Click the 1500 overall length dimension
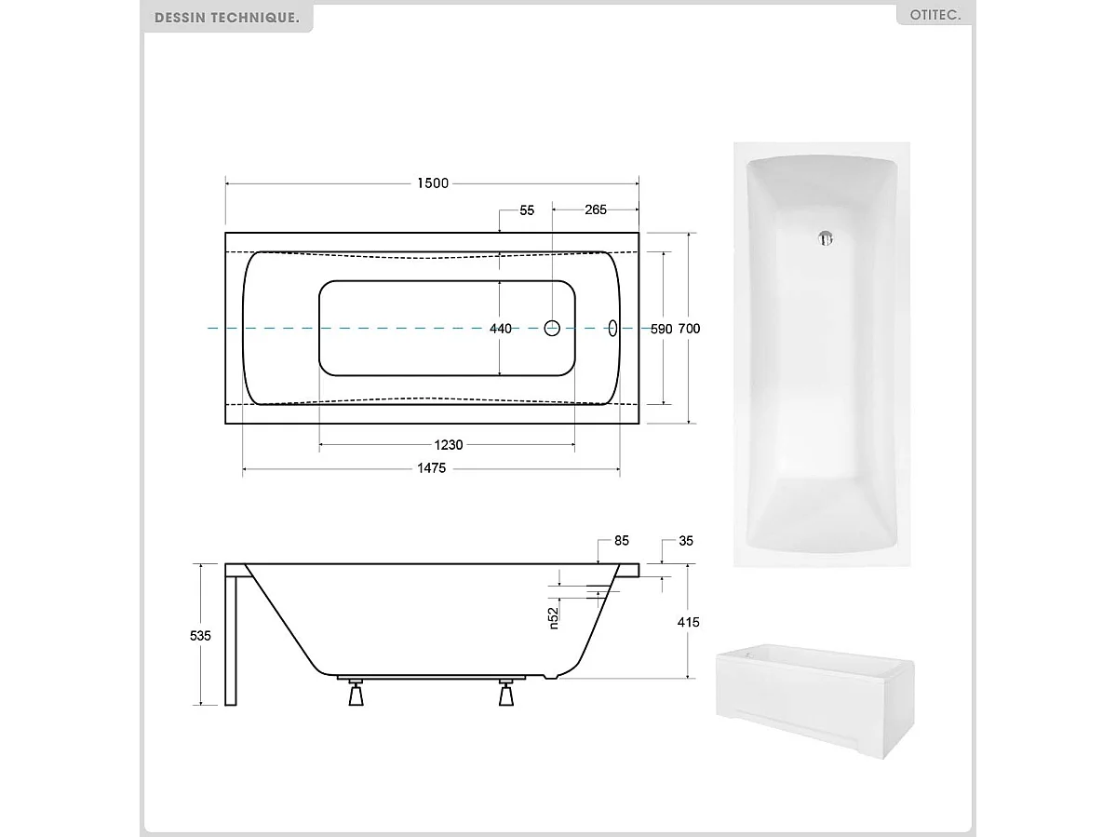[432, 183]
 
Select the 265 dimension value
[596, 209]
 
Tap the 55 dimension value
[527, 210]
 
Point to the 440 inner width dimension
[501, 329]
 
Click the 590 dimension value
[661, 329]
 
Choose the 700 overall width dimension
[689, 329]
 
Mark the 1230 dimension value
[447, 445]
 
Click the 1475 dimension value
[431, 468]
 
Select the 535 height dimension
[200, 635]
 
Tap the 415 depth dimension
[688, 622]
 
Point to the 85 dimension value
[622, 541]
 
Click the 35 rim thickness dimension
[686, 541]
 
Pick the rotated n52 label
[553, 617]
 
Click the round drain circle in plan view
[552, 328]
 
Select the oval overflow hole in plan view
[612, 328]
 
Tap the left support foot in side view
[356, 694]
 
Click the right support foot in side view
[506, 694]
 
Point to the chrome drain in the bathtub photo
[824, 238]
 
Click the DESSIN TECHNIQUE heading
[227, 17]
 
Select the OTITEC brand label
[934, 16]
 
